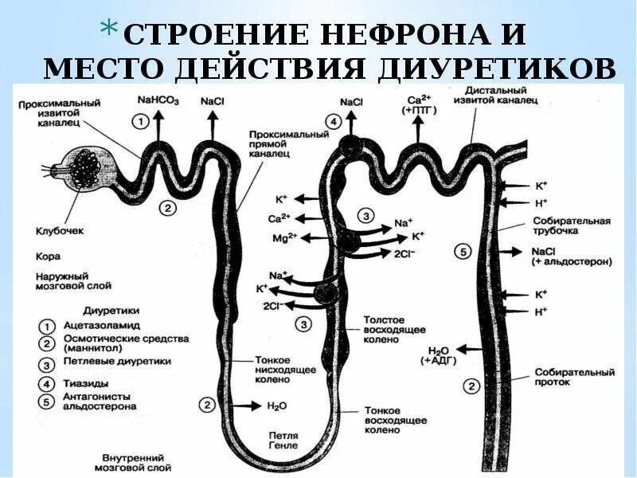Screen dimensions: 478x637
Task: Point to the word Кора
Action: (x=47, y=257)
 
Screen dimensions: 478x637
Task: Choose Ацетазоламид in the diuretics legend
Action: (x=102, y=325)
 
